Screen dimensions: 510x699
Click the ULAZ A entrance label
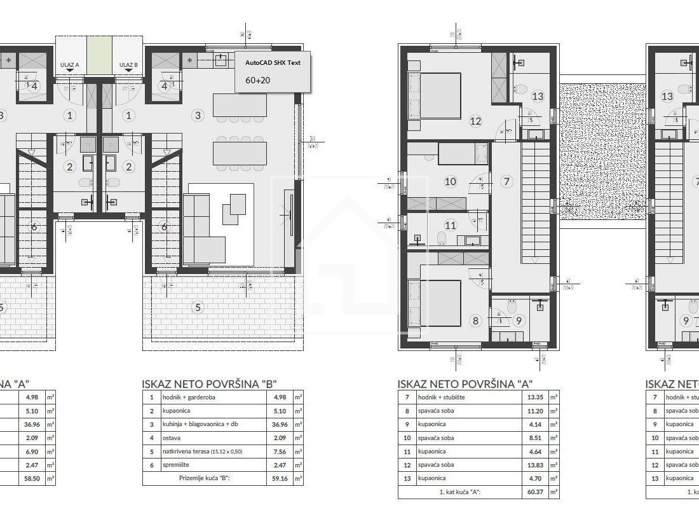pos(69,65)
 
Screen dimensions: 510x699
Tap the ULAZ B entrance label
pos(128,65)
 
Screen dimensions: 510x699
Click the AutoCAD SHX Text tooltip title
pos(273,62)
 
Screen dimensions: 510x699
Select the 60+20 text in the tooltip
pos(257,80)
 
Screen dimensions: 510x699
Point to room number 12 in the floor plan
pos(476,121)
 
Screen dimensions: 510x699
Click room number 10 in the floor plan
pos(451,181)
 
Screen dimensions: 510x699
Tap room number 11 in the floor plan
pos(451,225)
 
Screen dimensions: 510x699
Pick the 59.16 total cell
pos(280,478)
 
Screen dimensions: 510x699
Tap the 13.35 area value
pos(534,397)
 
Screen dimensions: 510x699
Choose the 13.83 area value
pos(534,465)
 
